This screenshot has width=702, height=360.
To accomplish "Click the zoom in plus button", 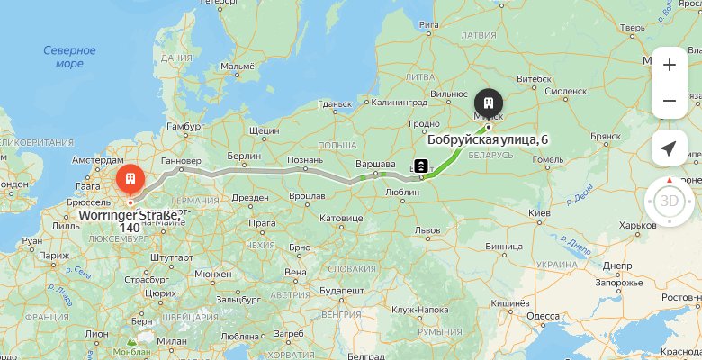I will click(669, 65).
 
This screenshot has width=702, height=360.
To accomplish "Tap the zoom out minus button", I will click(669, 101).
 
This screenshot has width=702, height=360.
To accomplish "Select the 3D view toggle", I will click(670, 201).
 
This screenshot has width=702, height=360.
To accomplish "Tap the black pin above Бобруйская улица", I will click(489, 102).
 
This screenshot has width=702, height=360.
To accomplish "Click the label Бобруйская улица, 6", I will click(487, 139).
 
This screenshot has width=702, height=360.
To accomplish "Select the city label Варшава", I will click(378, 163).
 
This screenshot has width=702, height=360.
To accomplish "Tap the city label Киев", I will click(539, 212).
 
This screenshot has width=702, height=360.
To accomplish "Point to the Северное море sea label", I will click(69, 57).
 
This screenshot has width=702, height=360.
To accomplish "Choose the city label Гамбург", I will click(186, 126).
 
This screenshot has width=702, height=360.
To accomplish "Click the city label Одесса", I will click(543, 315).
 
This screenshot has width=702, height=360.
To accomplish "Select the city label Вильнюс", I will click(449, 93).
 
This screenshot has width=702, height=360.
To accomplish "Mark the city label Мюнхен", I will click(212, 274).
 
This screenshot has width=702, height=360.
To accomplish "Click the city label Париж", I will click(53, 256).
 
